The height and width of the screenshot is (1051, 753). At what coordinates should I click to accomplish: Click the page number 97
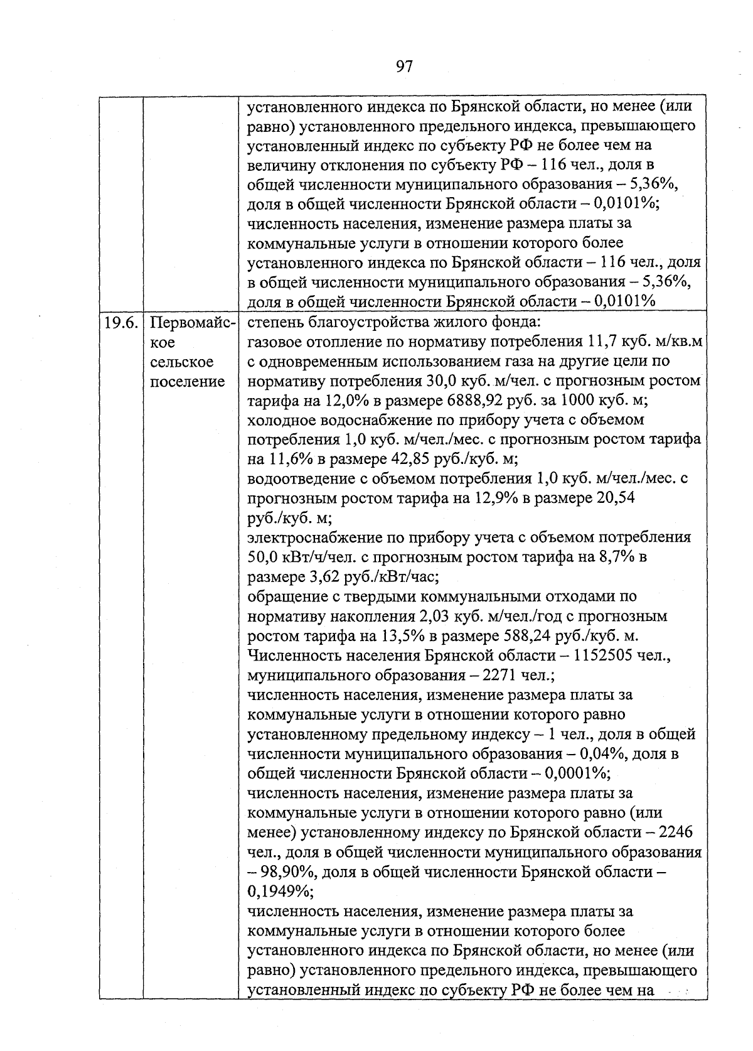404,66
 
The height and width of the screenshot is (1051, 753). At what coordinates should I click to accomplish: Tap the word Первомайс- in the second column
193,323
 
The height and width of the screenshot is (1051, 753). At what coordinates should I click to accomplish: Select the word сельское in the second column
182,362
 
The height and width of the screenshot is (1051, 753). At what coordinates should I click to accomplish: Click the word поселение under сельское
188,382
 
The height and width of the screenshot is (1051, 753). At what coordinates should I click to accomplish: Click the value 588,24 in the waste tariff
528,636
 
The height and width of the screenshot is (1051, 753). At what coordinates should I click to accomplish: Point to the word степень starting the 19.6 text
274,323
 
